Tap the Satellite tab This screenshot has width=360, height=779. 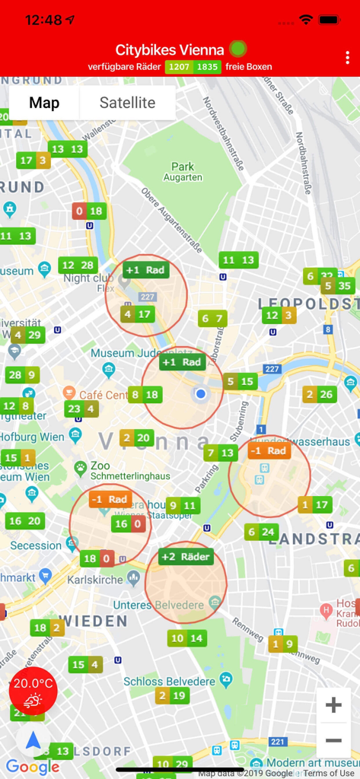click(x=127, y=103)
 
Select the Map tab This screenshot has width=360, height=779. click(x=44, y=103)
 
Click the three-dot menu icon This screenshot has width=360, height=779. click(x=348, y=58)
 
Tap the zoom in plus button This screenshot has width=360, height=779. click(x=333, y=705)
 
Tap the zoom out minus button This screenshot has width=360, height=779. click(x=333, y=739)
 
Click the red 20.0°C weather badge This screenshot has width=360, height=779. click(x=33, y=691)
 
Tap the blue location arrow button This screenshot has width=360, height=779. click(x=33, y=740)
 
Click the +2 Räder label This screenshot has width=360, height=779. click(x=186, y=557)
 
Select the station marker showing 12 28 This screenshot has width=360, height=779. click(x=78, y=265)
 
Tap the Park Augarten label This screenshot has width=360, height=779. click(x=183, y=172)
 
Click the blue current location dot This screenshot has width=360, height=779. click(x=201, y=394)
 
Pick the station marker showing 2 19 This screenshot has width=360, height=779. click(x=171, y=695)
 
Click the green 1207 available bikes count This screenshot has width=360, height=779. click(x=180, y=67)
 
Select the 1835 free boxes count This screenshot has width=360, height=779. click(x=208, y=67)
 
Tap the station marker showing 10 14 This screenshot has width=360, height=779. click(x=186, y=638)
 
